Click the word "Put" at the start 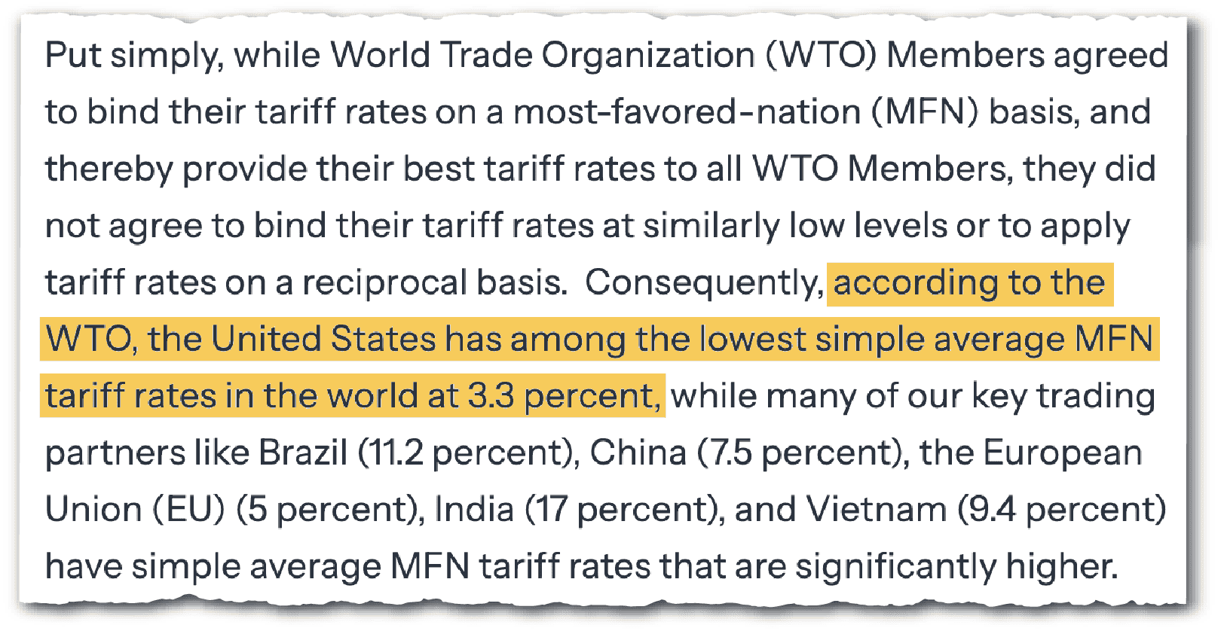click(x=73, y=55)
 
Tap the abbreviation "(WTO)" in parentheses click(x=821, y=56)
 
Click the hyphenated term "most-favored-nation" click(x=687, y=112)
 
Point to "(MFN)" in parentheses click(x=925, y=113)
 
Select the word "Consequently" click(x=704, y=284)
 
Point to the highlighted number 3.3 click(x=490, y=396)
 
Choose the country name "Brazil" click(x=302, y=453)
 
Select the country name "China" click(x=638, y=453)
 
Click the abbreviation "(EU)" click(x=188, y=510)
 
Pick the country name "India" click(x=474, y=509)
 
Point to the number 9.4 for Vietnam click(x=992, y=510)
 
